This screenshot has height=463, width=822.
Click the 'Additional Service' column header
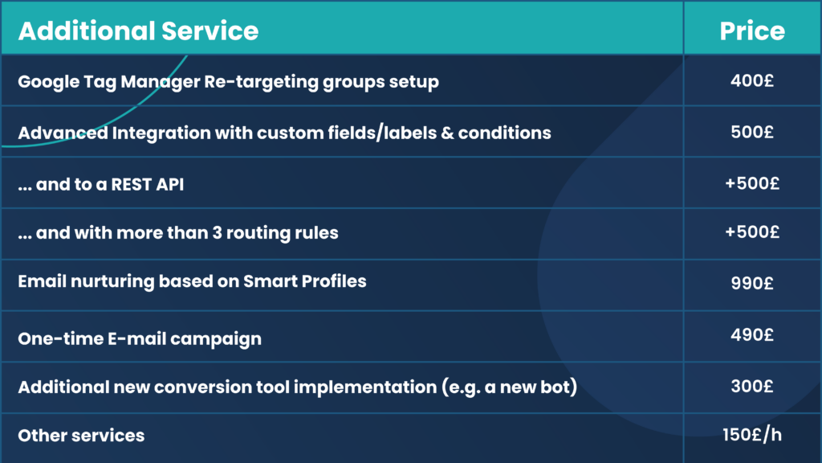coord(138,31)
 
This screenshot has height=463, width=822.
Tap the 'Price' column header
coord(752,31)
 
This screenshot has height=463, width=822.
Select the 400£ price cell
coord(752,80)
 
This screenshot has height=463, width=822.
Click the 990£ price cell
coord(752,283)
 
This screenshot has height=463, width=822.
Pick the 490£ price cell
coord(752,334)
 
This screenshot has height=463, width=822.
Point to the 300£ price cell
coord(752,385)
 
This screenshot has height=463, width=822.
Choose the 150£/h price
coord(752,435)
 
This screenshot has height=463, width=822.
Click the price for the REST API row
coord(752,182)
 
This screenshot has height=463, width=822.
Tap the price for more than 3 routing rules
coord(752,232)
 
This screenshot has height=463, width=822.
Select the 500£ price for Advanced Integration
coord(752,132)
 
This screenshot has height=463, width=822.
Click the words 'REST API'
coord(157,183)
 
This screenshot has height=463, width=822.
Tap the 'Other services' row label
coord(81,436)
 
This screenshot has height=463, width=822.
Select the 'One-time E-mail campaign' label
coord(140,338)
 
